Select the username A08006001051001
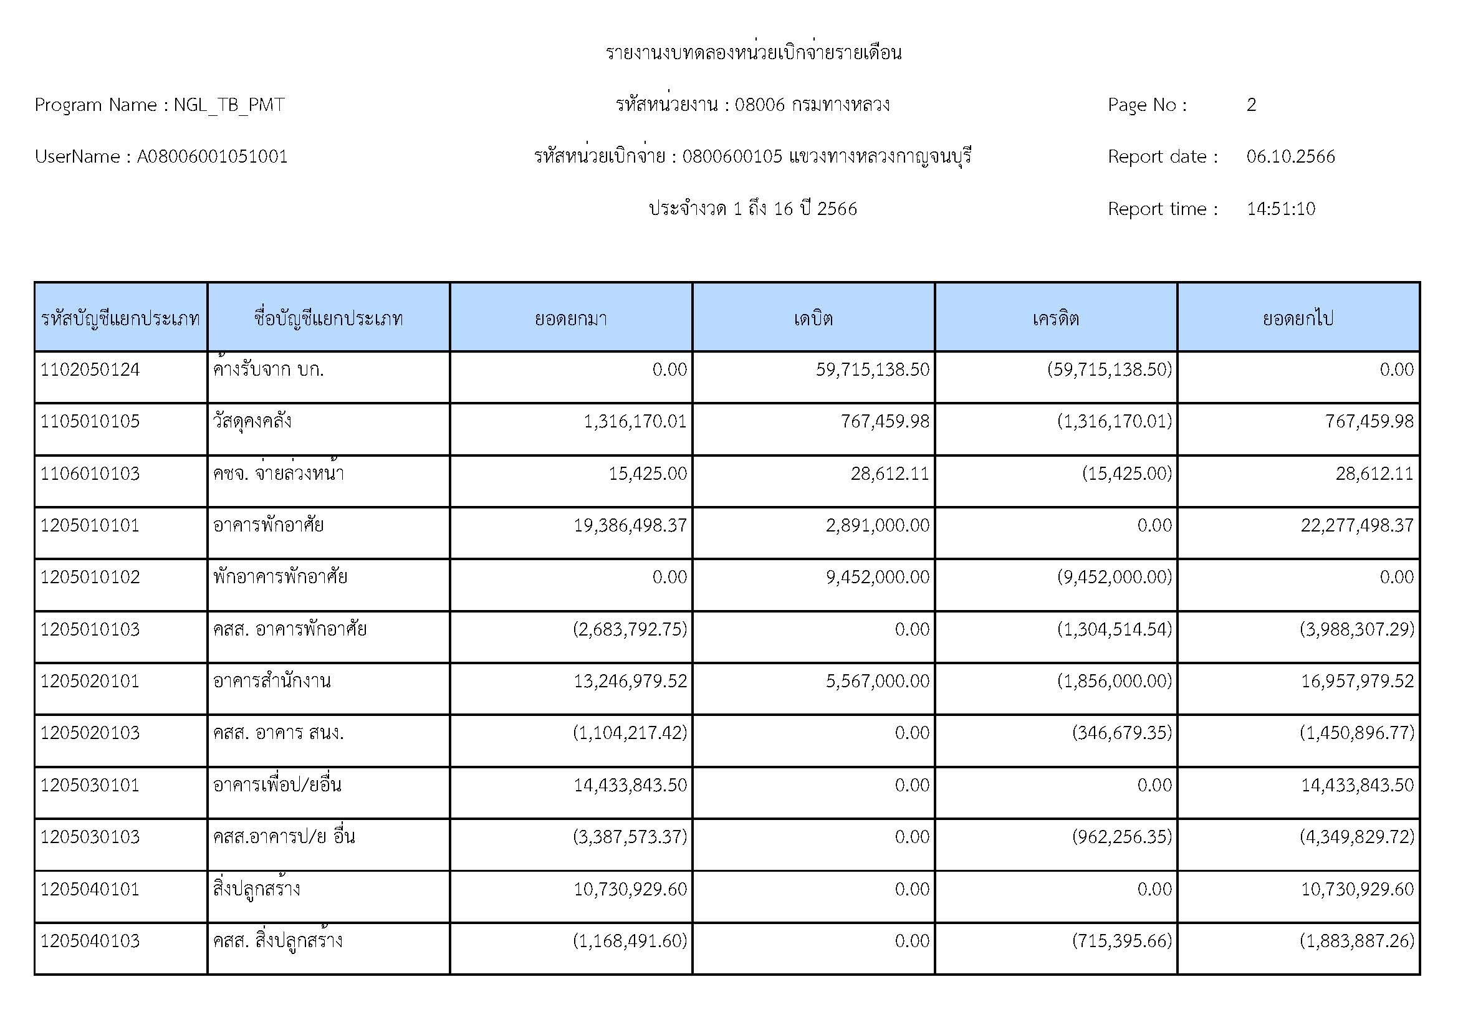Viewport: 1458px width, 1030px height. click(212, 157)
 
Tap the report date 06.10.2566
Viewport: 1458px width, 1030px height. click(1290, 157)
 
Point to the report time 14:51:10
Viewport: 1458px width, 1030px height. click(1281, 209)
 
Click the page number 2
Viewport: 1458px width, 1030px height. click(1251, 105)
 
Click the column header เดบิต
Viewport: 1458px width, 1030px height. click(813, 318)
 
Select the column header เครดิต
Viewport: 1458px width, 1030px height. click(1055, 318)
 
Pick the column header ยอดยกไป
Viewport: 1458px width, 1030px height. click(1298, 318)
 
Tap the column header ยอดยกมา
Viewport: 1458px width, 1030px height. click(571, 318)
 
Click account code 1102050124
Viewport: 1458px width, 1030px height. click(90, 370)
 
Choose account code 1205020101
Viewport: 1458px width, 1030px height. click(90, 681)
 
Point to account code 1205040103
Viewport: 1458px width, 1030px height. click(90, 940)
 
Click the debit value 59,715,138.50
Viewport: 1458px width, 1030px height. click(873, 370)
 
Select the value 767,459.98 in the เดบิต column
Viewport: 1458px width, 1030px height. click(885, 421)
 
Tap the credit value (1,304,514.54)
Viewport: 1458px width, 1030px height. click(1115, 629)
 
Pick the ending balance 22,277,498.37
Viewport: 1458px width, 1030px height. click(1357, 525)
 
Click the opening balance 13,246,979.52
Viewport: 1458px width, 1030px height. click(630, 681)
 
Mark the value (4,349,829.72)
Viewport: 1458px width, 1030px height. click(1357, 836)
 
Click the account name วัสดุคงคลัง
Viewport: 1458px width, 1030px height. click(252, 421)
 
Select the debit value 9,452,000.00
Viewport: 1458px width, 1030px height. click(878, 577)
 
